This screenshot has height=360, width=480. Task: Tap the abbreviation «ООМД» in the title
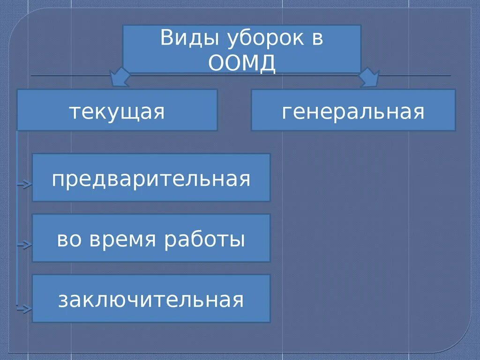(x=242, y=63)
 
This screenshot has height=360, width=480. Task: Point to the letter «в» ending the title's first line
(x=317, y=39)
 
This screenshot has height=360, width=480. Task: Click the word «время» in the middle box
(x=127, y=240)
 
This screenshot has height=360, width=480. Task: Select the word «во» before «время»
(x=67, y=240)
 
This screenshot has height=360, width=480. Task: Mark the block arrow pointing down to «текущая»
(x=120, y=78)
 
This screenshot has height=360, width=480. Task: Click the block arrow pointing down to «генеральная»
(x=369, y=78)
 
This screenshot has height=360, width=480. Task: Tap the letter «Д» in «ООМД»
(x=267, y=64)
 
